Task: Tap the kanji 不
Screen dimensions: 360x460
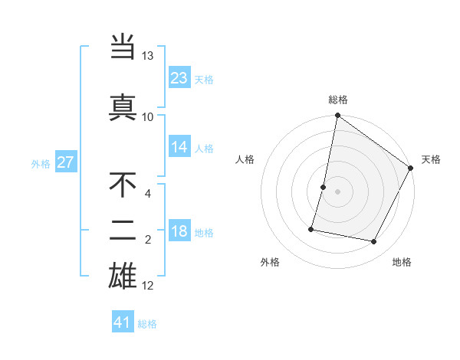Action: tap(123, 186)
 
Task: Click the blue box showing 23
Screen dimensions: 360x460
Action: tap(179, 78)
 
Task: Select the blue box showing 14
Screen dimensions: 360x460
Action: tap(179, 147)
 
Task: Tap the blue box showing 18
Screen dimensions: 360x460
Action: tap(179, 231)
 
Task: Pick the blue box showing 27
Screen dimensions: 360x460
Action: tap(65, 162)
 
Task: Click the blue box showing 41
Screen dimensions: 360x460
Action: tap(123, 322)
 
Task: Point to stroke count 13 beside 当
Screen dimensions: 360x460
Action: tap(147, 57)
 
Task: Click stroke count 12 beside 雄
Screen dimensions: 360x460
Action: tap(148, 286)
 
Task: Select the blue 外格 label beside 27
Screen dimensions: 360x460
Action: tap(41, 163)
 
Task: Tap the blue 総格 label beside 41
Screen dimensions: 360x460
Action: tap(148, 324)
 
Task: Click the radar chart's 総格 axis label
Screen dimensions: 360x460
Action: tap(338, 100)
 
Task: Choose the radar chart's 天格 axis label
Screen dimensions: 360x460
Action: tap(431, 159)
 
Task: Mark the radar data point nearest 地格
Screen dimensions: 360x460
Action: tap(374, 242)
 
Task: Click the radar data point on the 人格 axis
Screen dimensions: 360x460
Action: tap(324, 187)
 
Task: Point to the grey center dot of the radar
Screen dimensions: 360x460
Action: tap(337, 191)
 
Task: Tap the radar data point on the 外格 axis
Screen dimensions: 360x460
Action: tap(311, 228)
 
